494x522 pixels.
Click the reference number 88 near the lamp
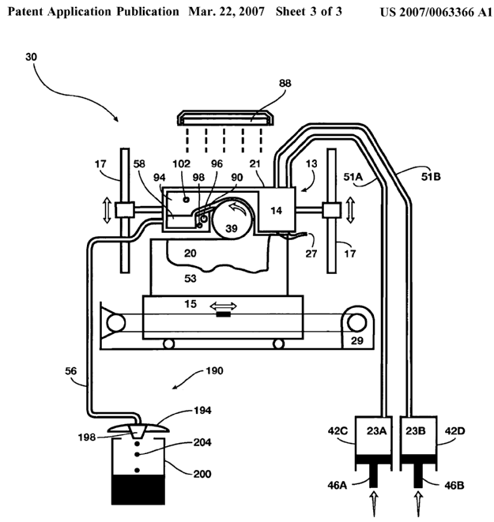[x=285, y=83]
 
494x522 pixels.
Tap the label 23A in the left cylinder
[x=376, y=430]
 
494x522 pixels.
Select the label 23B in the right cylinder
[x=416, y=430]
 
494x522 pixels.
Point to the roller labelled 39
[x=232, y=218]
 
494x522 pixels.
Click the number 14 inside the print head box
[x=276, y=210]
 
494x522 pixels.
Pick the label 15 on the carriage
[x=190, y=303]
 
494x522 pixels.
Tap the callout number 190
[x=214, y=370]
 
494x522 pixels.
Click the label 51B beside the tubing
[x=431, y=176]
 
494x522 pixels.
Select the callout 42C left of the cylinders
[x=338, y=430]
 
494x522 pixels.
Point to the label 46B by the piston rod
[x=454, y=486]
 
